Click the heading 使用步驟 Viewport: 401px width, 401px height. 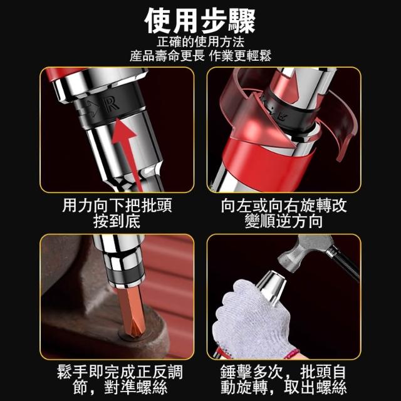200,21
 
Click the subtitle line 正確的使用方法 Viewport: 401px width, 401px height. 200,42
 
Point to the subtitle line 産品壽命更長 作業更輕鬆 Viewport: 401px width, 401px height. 200,56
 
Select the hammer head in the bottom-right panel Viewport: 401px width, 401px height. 305,253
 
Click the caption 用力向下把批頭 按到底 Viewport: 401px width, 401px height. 117,213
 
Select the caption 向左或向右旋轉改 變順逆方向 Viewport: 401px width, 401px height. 284,213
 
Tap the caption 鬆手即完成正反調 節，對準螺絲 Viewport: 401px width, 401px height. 120,380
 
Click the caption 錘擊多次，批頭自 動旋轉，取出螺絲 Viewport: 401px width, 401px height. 284,380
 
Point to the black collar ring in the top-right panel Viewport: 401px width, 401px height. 289,113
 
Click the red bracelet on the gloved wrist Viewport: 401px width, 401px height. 292,353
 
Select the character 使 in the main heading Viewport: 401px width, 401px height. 158,21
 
